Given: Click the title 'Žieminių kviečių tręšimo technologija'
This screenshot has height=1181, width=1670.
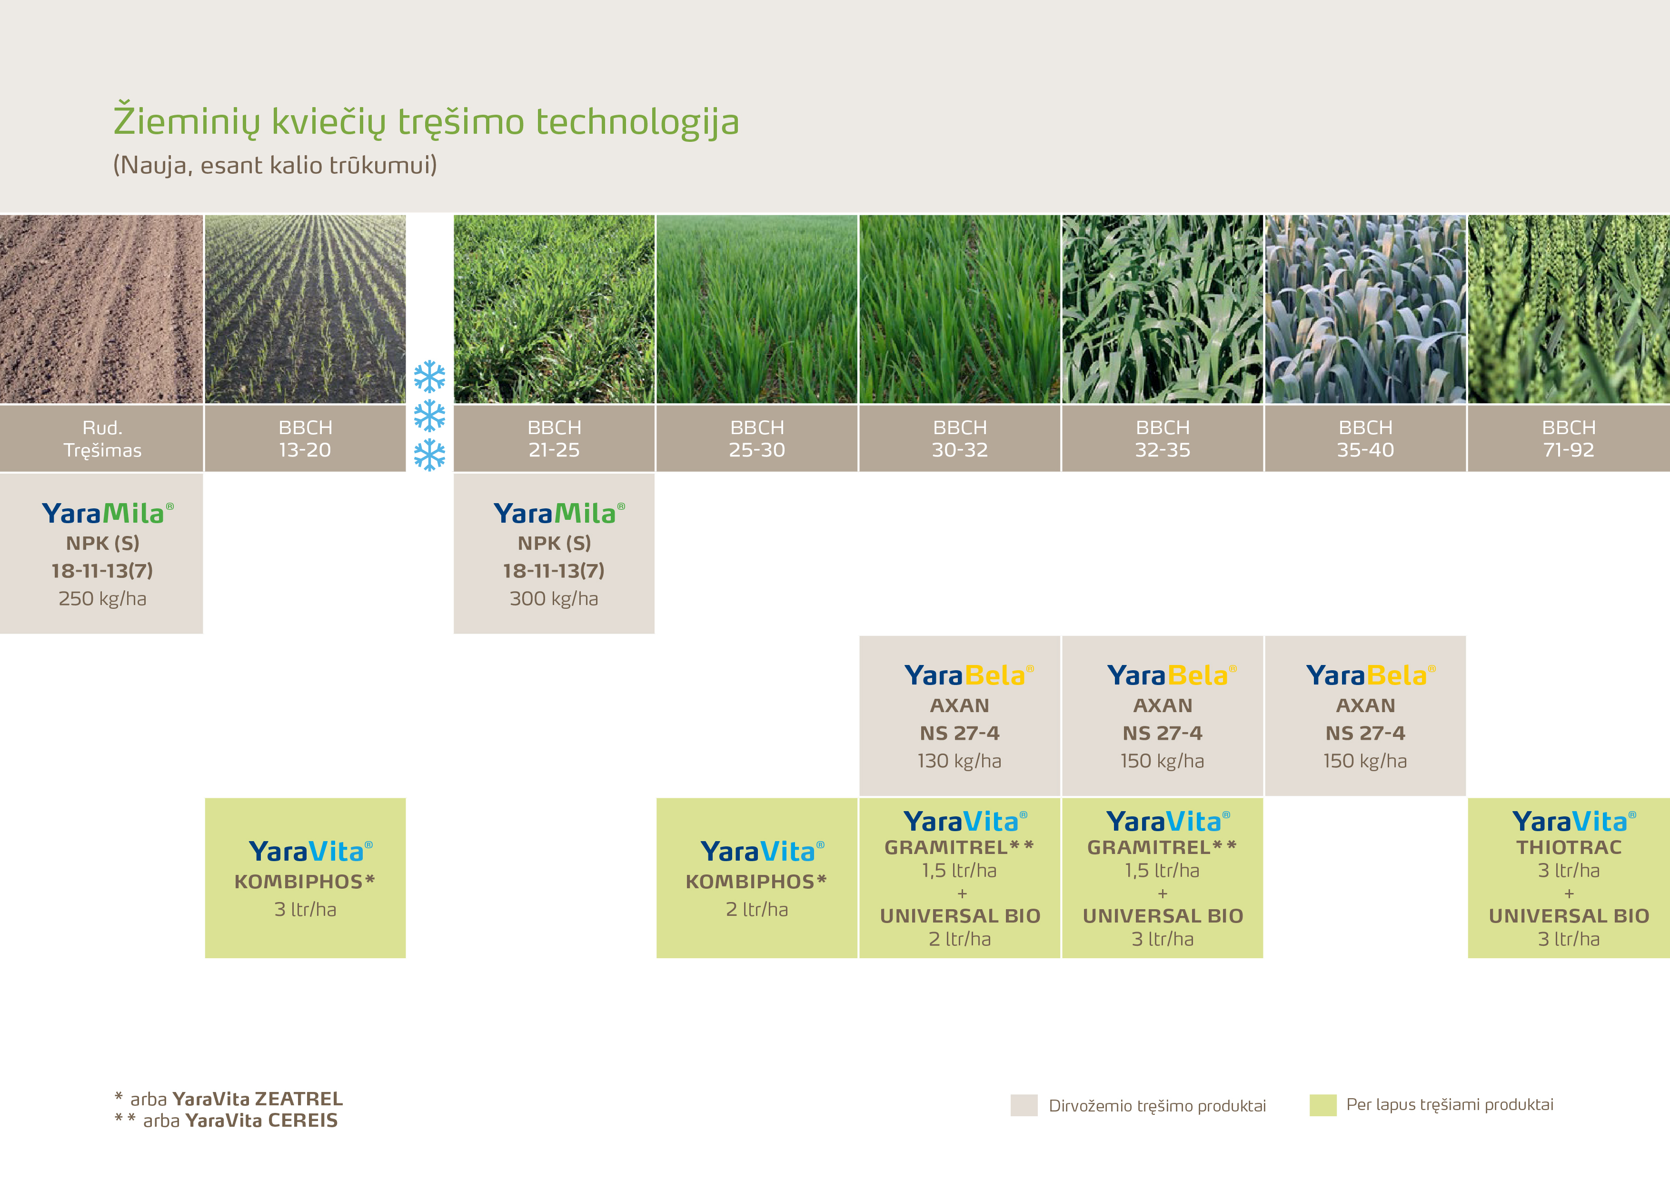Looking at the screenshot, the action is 426,121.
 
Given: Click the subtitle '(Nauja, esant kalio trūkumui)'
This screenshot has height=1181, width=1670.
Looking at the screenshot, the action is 275,165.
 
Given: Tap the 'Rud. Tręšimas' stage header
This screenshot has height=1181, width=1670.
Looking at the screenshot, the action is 102,438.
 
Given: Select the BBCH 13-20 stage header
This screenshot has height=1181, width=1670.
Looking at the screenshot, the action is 306,438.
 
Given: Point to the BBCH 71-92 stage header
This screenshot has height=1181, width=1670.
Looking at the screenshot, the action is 1569,438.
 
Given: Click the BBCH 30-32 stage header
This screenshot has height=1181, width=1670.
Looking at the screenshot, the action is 960,438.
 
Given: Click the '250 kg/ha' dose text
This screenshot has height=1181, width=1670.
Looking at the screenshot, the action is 102,598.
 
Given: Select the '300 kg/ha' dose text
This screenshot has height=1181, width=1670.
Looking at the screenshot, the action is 554,598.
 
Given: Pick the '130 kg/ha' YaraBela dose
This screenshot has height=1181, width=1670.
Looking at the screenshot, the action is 959,761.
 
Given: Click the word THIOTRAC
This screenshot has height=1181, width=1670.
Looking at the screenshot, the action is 1569,847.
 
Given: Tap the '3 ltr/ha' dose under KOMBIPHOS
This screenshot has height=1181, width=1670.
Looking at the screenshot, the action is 306,909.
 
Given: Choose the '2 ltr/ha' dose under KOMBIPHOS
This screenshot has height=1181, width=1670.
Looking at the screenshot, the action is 757,909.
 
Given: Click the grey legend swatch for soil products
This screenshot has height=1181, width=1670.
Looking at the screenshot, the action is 1024,1105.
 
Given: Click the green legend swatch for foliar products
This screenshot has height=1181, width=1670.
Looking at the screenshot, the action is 1323,1105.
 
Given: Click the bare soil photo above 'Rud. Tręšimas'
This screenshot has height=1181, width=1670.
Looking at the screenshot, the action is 101,309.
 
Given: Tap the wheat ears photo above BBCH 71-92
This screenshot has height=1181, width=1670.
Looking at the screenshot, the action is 1569,309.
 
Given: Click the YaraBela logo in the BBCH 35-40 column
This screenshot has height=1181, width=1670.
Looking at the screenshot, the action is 1371,675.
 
